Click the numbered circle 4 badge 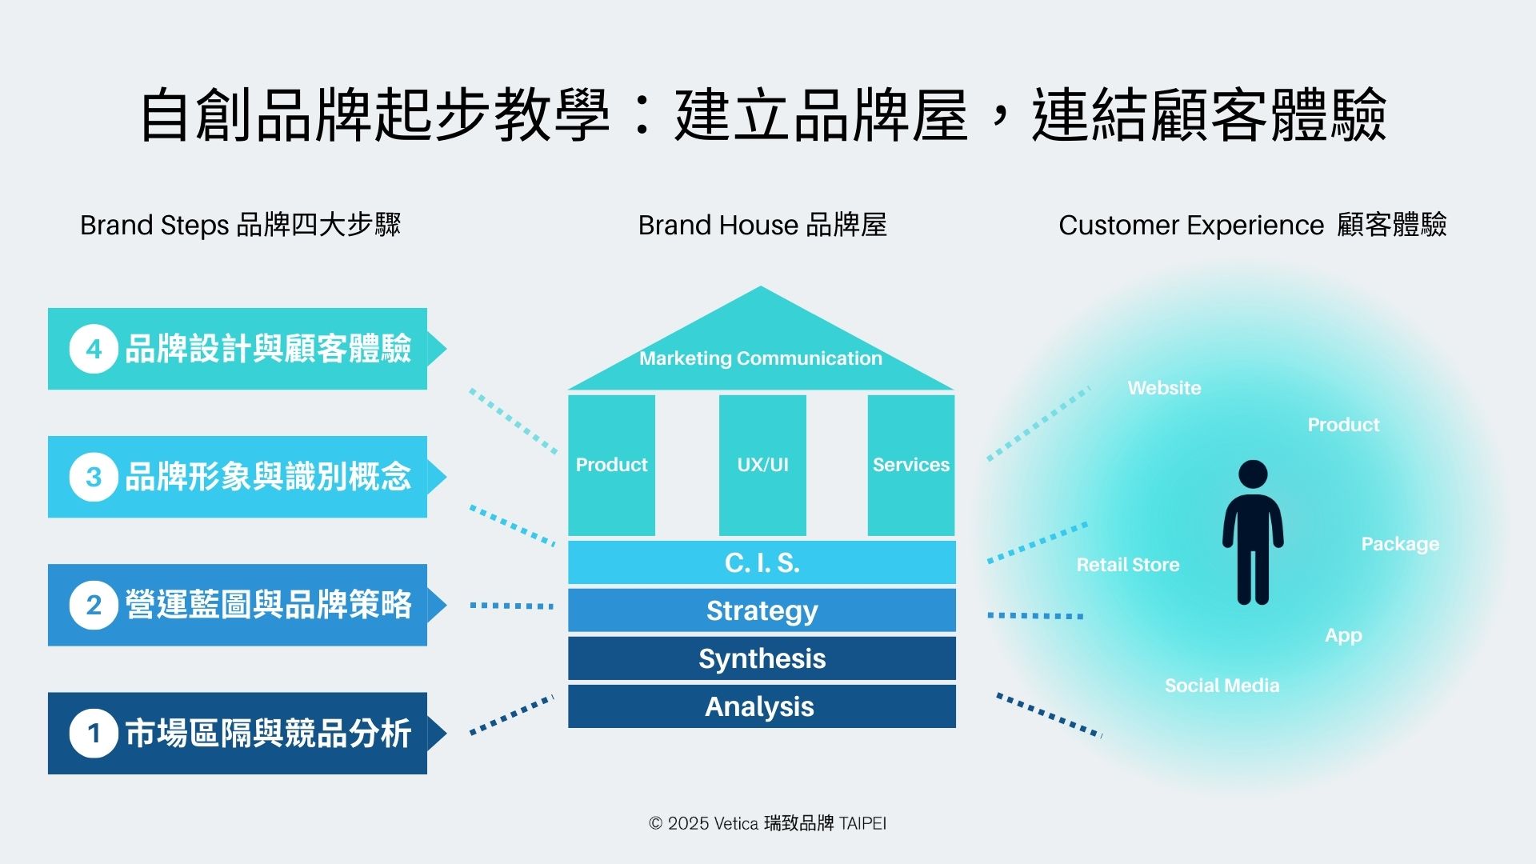[x=94, y=349]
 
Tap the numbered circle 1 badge [x=94, y=733]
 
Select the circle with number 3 [x=94, y=477]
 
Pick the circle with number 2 [x=94, y=605]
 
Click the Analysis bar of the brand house [x=762, y=706]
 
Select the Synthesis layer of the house [x=762, y=658]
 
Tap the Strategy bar [x=762, y=610]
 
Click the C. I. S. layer [x=762, y=562]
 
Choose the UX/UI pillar [x=762, y=465]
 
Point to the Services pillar [x=911, y=465]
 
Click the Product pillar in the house [x=611, y=465]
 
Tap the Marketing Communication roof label [x=761, y=358]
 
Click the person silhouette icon [x=1253, y=532]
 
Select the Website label [x=1164, y=388]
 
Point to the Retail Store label [x=1128, y=565]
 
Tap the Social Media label [x=1222, y=686]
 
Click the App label [x=1343, y=635]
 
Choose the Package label [x=1400, y=544]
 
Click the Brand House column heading [x=762, y=225]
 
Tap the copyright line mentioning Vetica [x=767, y=823]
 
